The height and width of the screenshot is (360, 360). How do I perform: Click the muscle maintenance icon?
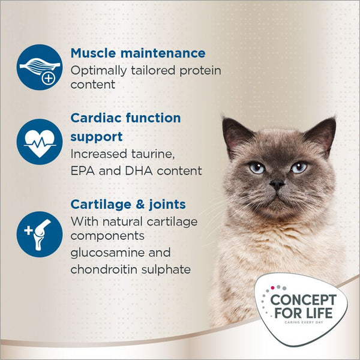pos(40,65)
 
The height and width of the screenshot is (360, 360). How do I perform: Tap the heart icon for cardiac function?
pos(40,141)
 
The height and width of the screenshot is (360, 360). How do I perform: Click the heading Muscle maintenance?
pos(138,53)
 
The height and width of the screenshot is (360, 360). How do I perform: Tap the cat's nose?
pos(276,186)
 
